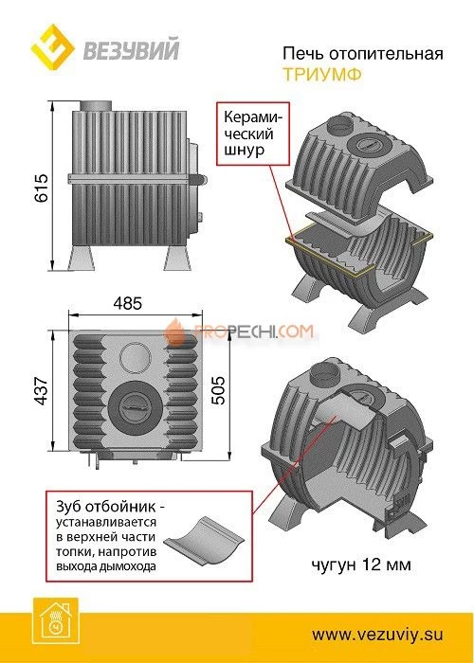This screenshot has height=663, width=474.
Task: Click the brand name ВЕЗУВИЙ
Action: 131,49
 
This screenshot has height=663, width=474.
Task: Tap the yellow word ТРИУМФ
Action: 322,75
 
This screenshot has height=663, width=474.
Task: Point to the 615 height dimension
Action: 42,188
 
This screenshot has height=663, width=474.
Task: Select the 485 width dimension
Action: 128,303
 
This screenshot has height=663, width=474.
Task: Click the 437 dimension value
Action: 42,390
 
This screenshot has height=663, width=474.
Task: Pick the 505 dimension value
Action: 219,390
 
